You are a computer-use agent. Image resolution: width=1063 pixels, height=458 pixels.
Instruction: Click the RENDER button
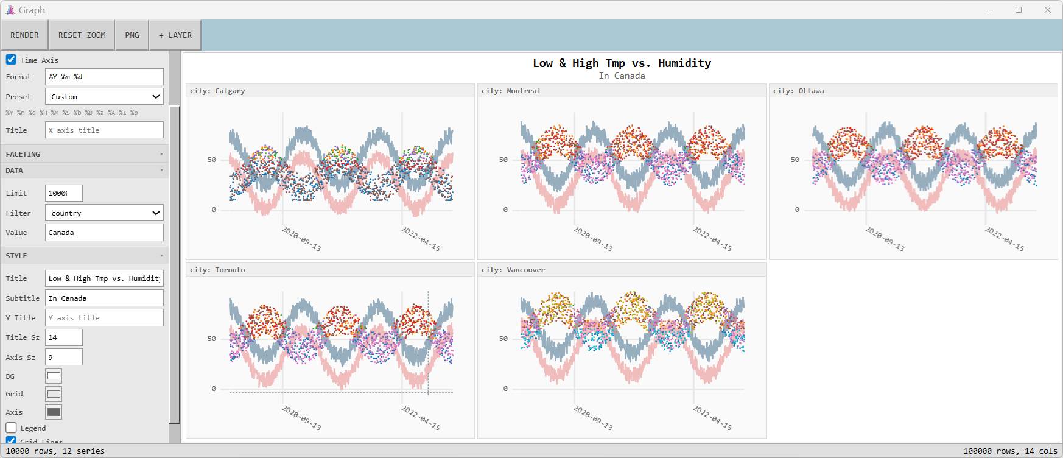coord(24,35)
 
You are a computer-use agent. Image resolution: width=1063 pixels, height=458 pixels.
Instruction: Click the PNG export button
coord(132,35)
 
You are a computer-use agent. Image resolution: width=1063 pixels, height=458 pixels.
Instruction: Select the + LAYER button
coord(175,35)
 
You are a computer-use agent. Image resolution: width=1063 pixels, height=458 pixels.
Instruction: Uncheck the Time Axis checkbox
coord(11,60)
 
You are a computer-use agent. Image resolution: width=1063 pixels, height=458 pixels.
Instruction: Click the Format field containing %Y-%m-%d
coord(104,77)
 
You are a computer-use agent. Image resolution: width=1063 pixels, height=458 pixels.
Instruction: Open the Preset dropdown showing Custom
coord(104,97)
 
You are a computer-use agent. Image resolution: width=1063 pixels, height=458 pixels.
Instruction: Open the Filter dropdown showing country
coord(104,213)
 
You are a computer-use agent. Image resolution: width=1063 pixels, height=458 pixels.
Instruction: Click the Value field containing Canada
coord(104,233)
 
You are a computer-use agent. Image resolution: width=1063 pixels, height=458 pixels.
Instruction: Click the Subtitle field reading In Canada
coord(104,298)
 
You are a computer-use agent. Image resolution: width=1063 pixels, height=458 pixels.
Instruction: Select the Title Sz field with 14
coord(63,337)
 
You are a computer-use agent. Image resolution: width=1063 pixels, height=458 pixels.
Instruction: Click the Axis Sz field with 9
coord(63,358)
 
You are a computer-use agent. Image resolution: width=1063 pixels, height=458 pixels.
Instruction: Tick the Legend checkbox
coord(11,428)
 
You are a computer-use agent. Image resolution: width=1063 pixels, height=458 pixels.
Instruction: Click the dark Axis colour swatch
coord(54,412)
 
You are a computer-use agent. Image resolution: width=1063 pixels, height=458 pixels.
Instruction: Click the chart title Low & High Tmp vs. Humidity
coord(622,63)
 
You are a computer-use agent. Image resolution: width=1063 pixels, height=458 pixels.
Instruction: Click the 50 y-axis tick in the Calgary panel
coord(212,160)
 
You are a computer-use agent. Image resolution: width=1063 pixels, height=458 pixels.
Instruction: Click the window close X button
coord(1048,10)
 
